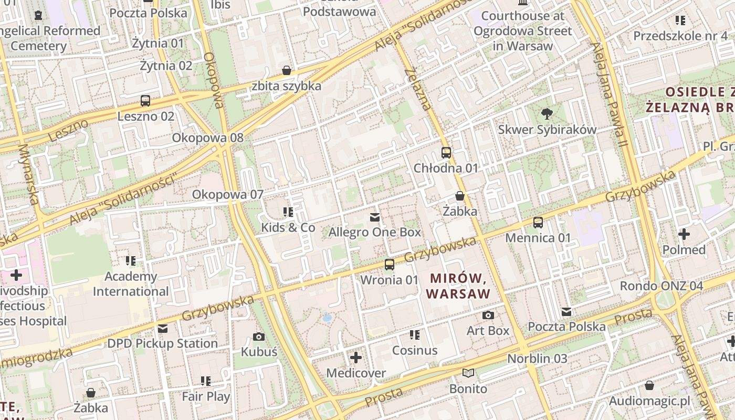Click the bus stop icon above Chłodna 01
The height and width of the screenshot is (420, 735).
click(446, 153)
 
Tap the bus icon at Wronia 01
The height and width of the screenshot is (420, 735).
click(389, 265)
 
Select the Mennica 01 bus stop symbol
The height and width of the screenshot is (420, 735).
click(538, 223)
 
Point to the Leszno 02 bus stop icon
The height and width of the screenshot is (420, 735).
click(145, 101)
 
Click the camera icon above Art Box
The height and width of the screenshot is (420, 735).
click(488, 315)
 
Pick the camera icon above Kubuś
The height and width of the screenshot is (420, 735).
click(259, 337)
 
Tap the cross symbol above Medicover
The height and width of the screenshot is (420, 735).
click(356, 358)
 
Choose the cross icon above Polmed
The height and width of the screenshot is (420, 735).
click(684, 234)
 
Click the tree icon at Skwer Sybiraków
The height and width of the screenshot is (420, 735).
click(547, 113)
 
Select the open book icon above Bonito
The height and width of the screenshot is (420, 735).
click(468, 373)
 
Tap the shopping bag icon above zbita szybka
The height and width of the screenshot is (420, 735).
click(287, 70)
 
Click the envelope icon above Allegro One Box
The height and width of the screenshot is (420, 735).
click(375, 217)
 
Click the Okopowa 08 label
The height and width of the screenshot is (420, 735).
click(208, 138)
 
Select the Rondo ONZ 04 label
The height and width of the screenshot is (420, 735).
click(661, 286)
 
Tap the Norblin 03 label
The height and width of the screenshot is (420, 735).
click(537, 359)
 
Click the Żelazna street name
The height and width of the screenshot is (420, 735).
click(418, 89)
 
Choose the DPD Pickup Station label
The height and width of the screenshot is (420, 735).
click(162, 343)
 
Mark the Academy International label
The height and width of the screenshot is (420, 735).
click(131, 284)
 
